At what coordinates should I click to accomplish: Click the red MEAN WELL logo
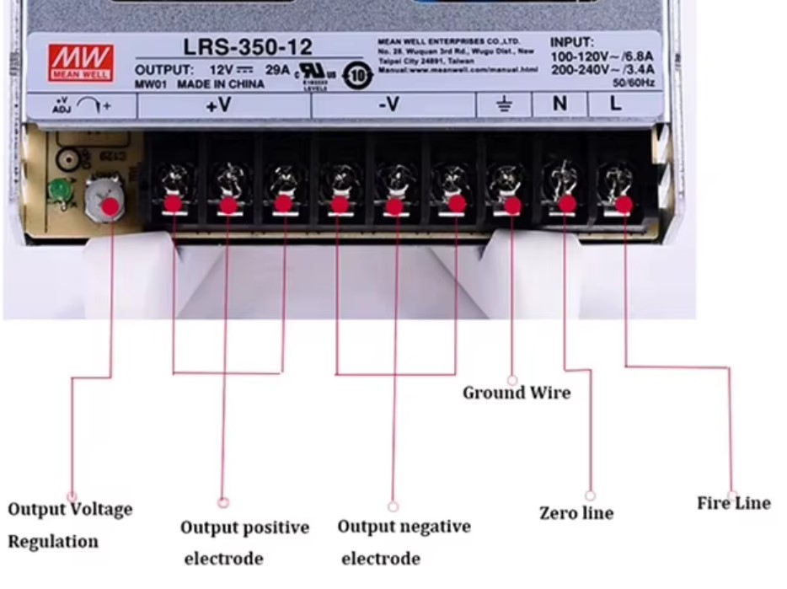(82, 61)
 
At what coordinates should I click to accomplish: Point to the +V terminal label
(223, 105)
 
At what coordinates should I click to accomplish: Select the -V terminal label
(388, 105)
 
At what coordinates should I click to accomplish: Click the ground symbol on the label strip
(504, 105)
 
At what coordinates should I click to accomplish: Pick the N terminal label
(559, 104)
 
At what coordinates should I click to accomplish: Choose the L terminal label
(616, 104)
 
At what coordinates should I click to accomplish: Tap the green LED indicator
(60, 190)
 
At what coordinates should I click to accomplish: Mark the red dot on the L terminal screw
(624, 205)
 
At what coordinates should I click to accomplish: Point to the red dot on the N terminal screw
(567, 204)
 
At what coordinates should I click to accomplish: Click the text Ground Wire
(517, 393)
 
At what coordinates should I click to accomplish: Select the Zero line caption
(576, 513)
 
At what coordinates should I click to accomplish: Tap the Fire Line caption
(733, 503)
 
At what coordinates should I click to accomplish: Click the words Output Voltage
(70, 509)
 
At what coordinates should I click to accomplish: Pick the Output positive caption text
(244, 528)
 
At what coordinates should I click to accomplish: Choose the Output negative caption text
(404, 527)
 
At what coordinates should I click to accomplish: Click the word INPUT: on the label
(572, 42)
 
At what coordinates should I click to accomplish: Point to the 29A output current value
(277, 70)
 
